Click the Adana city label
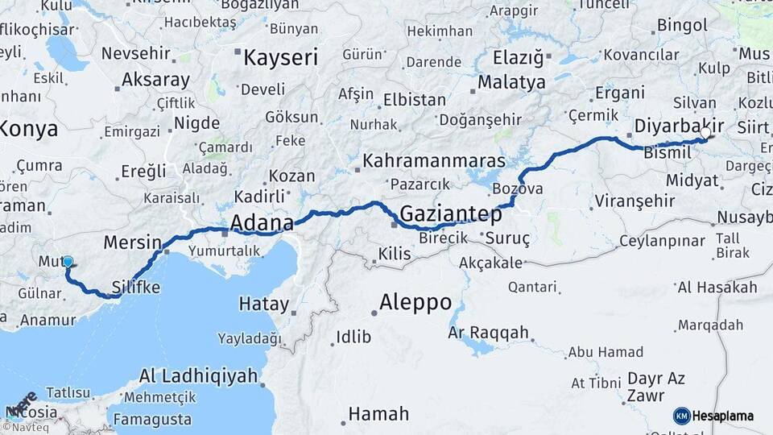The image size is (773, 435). pyautogui.click(x=261, y=222)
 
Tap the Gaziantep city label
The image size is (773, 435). pyautogui.click(x=450, y=214)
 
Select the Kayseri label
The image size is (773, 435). pyautogui.click(x=281, y=57)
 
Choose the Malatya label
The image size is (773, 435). pyautogui.click(x=511, y=82)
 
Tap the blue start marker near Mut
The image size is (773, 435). pyautogui.click(x=68, y=262)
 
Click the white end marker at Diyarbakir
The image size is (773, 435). pyautogui.click(x=706, y=133)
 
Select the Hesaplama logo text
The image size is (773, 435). pyautogui.click(x=722, y=416)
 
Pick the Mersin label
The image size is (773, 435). pyautogui.click(x=133, y=242)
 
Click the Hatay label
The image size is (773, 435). pyautogui.click(x=264, y=304)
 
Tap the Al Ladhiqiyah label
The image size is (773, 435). pyautogui.click(x=198, y=375)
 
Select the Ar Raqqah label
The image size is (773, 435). pyautogui.click(x=490, y=332)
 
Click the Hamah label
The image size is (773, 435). pyautogui.click(x=379, y=414)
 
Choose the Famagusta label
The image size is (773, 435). pyautogui.click(x=152, y=419)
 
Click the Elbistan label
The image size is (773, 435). pyautogui.click(x=415, y=100)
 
